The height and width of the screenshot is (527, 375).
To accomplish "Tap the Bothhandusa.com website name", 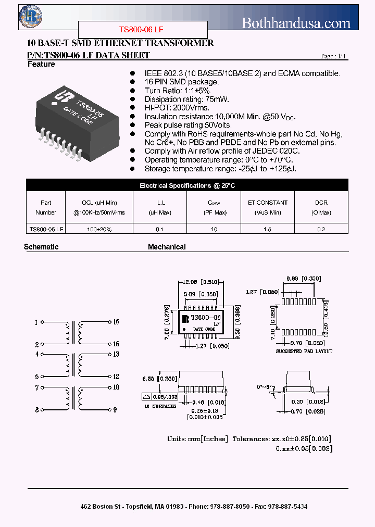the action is (296, 23).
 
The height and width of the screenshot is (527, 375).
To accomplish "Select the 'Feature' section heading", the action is (41, 64).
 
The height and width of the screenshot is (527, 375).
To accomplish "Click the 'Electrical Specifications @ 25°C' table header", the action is (187, 185).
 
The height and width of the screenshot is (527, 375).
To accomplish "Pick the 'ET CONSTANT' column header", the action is (268, 203).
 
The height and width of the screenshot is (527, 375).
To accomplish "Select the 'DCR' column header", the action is (321, 203).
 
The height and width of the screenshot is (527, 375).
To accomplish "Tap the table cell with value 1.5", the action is (267, 229).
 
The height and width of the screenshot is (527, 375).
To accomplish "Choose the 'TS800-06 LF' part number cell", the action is (46, 229).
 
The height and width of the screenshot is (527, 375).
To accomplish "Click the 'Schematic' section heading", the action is (41, 247).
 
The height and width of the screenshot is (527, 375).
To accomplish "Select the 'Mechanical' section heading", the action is (167, 247).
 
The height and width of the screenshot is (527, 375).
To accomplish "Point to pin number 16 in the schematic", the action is (116, 322).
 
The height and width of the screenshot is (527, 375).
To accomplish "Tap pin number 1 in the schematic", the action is (36, 322).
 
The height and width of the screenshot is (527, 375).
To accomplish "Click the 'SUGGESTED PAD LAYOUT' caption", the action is (304, 351).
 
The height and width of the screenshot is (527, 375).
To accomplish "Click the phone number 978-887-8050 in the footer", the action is (230, 506).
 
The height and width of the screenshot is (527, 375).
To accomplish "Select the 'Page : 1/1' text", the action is (333, 56).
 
